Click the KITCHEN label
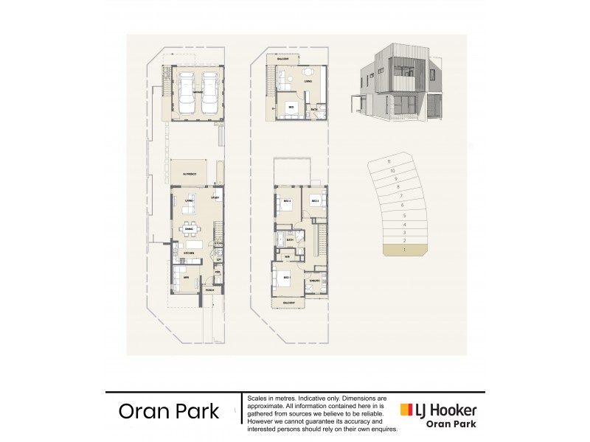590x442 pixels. coord(189,253)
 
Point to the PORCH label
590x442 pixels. coord(209,291)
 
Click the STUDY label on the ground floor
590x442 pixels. coord(216,198)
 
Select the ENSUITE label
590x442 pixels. coord(313,281)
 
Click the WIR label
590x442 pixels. coord(288,257)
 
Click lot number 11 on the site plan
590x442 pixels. coord(389,161)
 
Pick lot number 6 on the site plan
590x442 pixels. coord(402,205)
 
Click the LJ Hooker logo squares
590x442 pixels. coord(405,410)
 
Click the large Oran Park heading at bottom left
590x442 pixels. coord(169,411)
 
